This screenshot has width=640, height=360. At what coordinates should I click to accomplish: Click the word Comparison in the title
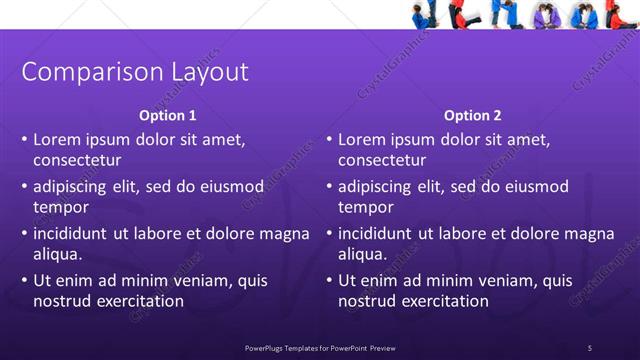click(x=84, y=73)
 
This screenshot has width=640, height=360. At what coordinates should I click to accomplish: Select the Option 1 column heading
click(x=167, y=116)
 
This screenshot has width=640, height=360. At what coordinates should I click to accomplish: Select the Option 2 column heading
click(x=473, y=116)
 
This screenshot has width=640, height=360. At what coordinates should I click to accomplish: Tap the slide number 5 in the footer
click(x=590, y=347)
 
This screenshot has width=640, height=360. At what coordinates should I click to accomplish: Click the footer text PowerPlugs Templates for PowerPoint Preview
click(x=327, y=347)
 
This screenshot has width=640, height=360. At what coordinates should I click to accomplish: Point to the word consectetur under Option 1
click(x=77, y=160)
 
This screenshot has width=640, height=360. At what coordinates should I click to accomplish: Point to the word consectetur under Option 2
click(x=382, y=160)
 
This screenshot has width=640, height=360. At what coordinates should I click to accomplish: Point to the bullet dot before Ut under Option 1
click(x=24, y=281)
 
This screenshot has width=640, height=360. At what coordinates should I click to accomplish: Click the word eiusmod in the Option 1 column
click(x=206, y=187)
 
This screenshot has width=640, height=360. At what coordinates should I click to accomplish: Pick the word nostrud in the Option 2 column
click(x=367, y=300)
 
